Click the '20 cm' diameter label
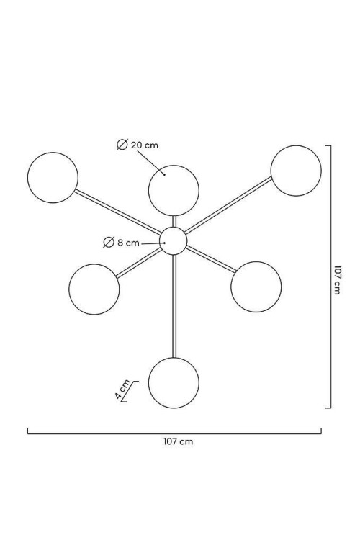pyautogui.click(x=144, y=145)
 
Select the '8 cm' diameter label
pyautogui.click(x=128, y=243)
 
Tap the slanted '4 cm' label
pyautogui.click(x=123, y=390)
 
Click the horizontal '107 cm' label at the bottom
pyautogui.click(x=178, y=441)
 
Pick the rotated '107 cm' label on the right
pyautogui.click(x=338, y=279)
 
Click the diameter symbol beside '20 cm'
pyautogui.click(x=122, y=145)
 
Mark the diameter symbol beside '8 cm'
pyautogui.click(x=109, y=243)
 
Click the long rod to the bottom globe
pyautogui.click(x=174, y=306)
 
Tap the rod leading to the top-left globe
pyautogui.click(x=118, y=211)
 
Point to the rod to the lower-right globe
pyautogui.click(x=211, y=258)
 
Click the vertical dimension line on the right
pyautogui.click(x=330, y=276)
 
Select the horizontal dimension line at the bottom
pyautogui.click(x=174, y=433)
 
